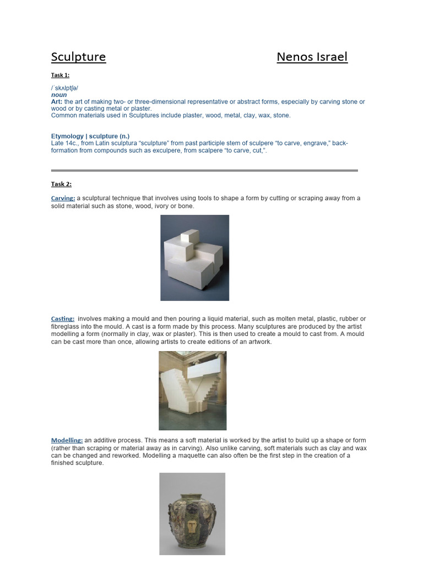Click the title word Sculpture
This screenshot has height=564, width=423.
78,57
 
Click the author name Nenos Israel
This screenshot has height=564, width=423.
312,57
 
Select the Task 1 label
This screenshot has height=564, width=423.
60,75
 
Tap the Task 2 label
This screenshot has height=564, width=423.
61,184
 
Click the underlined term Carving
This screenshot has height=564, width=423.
63,198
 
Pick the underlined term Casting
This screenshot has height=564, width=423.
63,319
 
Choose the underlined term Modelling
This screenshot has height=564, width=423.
67,441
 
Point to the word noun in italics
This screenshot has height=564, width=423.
59,95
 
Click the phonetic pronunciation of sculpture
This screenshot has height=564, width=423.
64,88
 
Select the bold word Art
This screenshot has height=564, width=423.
57,102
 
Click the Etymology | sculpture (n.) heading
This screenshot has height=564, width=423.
90,136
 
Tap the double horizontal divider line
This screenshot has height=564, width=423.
204,170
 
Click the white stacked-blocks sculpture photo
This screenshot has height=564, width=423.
194,257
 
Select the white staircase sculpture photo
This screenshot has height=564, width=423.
192,391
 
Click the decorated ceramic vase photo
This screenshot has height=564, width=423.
192,513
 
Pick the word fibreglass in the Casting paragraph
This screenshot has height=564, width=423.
67,327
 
